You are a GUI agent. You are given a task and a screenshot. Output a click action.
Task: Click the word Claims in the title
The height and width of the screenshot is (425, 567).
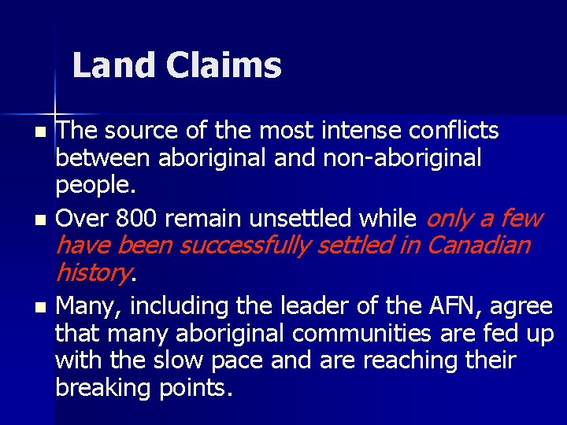(x=224, y=65)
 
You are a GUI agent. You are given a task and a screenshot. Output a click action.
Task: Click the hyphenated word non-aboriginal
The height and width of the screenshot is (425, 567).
(x=402, y=158)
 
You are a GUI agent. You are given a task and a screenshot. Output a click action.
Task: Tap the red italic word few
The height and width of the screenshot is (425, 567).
(x=521, y=217)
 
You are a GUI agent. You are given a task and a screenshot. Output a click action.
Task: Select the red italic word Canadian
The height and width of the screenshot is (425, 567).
(x=478, y=245)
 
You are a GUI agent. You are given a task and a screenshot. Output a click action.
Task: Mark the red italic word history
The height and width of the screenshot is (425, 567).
(x=91, y=273)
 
